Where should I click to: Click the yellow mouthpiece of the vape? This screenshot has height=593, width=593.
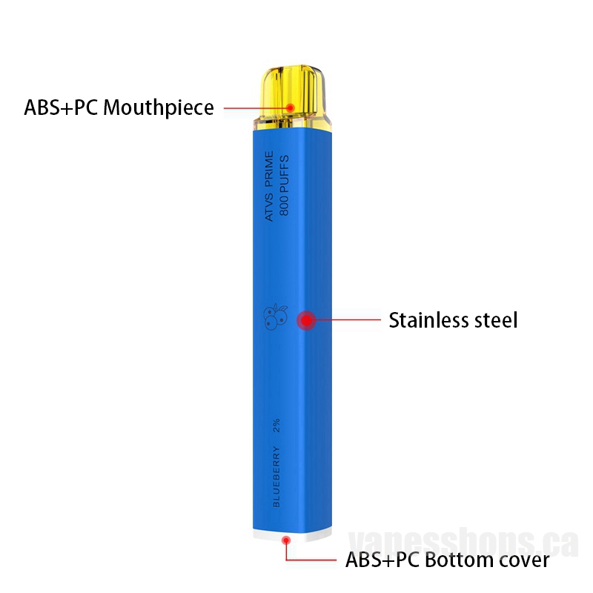[292, 99]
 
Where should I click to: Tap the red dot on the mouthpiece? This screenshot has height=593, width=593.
[290, 107]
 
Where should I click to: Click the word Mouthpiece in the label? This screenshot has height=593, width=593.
[159, 108]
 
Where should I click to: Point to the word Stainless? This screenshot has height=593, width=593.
[428, 320]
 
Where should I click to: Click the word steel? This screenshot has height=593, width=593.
[496, 320]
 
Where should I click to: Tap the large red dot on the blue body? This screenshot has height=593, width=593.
[306, 320]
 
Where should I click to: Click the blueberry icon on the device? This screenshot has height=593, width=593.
[275, 317]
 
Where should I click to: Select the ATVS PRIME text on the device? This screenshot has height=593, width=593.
[268, 186]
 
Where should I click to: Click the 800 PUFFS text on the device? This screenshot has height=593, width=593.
[284, 185]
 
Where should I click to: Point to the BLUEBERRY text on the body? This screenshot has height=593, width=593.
[276, 477]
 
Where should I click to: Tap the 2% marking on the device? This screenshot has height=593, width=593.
[276, 425]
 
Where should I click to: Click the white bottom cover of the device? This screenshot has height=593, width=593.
[292, 535]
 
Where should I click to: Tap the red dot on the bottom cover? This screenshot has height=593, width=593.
[286, 540]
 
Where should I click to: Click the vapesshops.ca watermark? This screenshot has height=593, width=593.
[463, 543]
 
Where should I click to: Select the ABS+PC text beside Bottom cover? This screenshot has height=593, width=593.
[382, 560]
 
